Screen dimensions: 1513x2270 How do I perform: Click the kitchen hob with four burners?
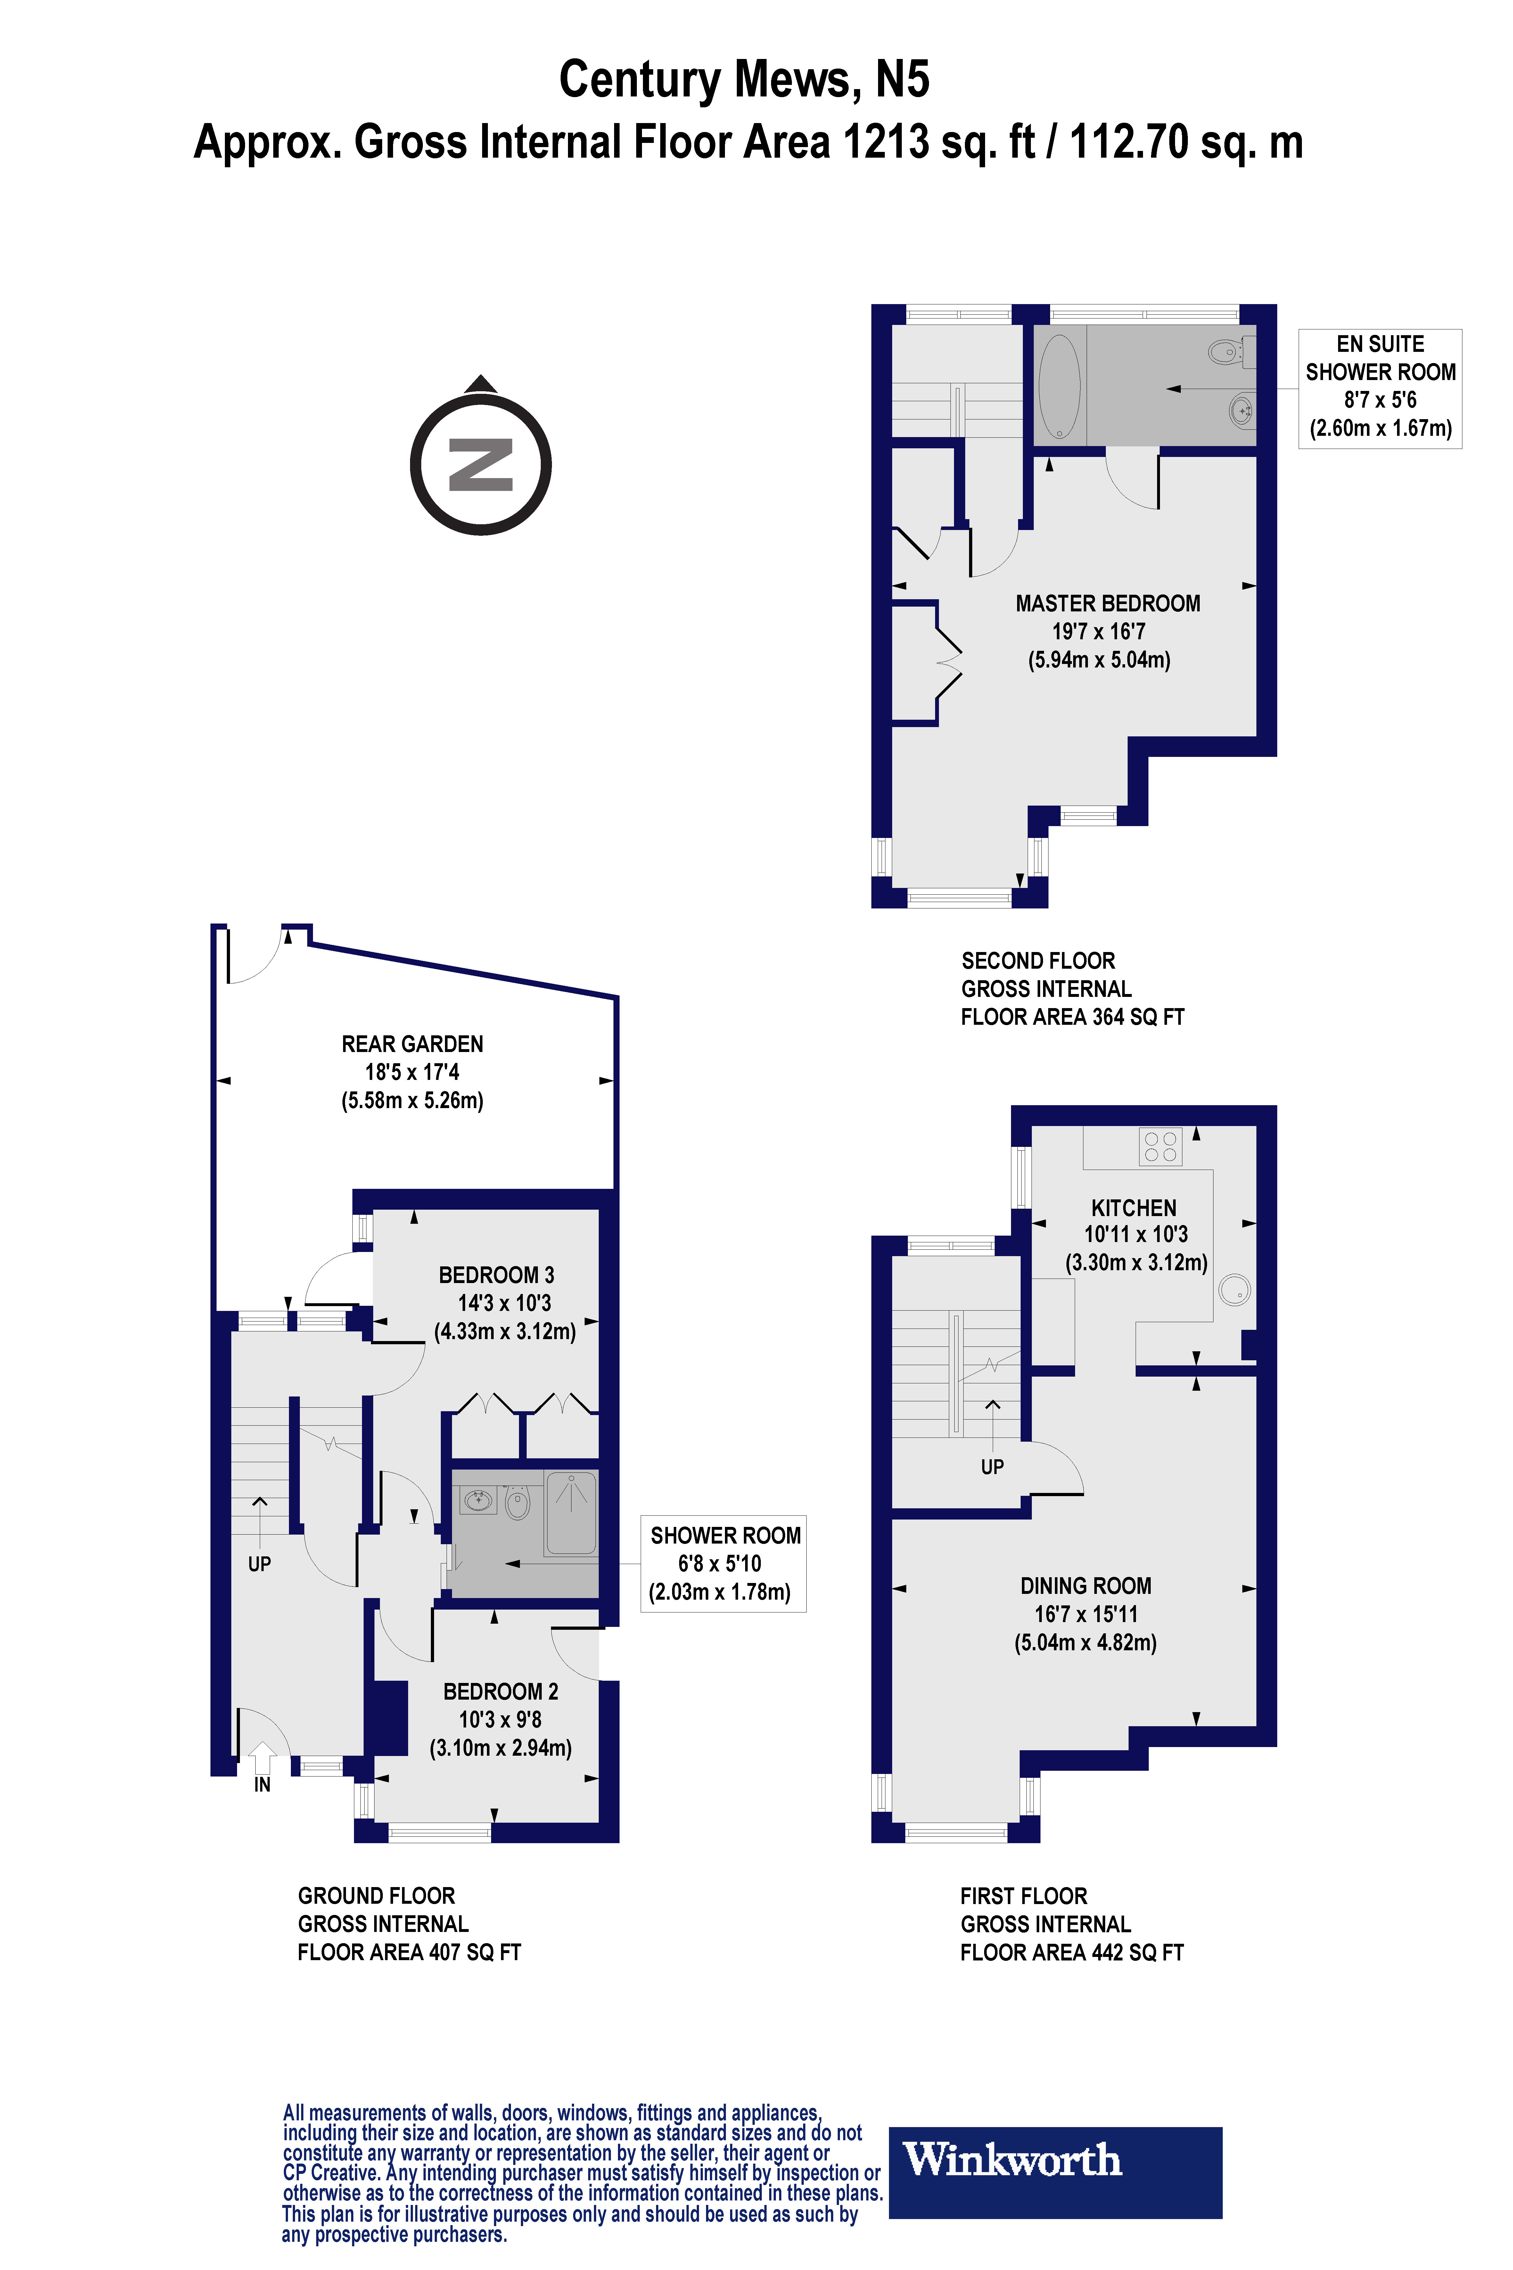point(1160,1147)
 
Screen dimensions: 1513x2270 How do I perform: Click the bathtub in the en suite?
point(1059,386)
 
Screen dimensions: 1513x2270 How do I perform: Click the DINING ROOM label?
point(1086,1586)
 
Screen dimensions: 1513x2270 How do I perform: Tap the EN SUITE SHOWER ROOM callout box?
point(1380,388)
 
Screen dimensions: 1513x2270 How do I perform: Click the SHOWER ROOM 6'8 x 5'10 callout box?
point(723,1563)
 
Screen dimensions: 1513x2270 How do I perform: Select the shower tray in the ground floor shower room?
point(571,1512)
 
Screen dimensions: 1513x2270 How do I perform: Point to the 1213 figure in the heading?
point(886,142)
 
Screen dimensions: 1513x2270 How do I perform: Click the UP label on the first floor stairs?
point(992,1467)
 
